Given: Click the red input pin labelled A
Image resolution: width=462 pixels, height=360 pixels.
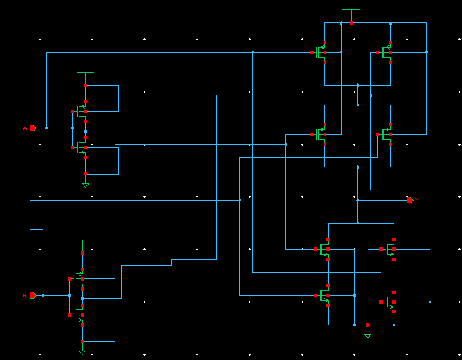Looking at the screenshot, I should pos(32,128).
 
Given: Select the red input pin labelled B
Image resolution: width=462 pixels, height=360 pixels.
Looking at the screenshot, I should pos(32,295).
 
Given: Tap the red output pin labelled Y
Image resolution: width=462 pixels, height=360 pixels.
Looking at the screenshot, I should pos(409,200).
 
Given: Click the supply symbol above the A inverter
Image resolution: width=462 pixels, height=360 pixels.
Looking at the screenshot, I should pos(85,73).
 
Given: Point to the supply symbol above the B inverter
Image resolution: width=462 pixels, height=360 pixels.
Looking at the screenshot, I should pos(82,240).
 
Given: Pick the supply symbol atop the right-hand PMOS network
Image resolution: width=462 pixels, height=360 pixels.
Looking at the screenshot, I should pos(351,11).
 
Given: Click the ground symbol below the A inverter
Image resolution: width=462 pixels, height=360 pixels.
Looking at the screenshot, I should pos(85,185).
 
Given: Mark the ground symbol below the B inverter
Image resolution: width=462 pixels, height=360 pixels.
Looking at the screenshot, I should pos(82,351).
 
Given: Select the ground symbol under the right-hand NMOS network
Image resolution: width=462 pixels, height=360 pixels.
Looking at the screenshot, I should pos(368,335).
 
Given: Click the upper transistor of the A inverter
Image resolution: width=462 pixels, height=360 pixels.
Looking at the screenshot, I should pos(82,111).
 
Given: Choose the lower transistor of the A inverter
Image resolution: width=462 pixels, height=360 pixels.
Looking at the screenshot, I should pos(82,147).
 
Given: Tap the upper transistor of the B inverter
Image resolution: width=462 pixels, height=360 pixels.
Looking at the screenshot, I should pos(79,278).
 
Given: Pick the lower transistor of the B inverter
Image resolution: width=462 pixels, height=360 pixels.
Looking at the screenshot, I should pos(79,315).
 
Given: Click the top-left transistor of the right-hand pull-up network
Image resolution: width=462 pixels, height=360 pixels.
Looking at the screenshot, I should pos(321,52).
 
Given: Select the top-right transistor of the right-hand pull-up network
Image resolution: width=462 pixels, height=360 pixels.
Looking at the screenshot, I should pos(386,52).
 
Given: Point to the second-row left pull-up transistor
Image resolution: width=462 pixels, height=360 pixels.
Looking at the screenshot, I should pos(321,134).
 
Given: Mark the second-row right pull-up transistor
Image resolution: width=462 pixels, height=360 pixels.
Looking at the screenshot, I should pos(386,134).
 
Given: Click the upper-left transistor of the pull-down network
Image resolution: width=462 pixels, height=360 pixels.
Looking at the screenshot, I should pos(324,250).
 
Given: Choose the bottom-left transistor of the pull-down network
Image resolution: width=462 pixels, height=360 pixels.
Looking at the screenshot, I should pos(324,295).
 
